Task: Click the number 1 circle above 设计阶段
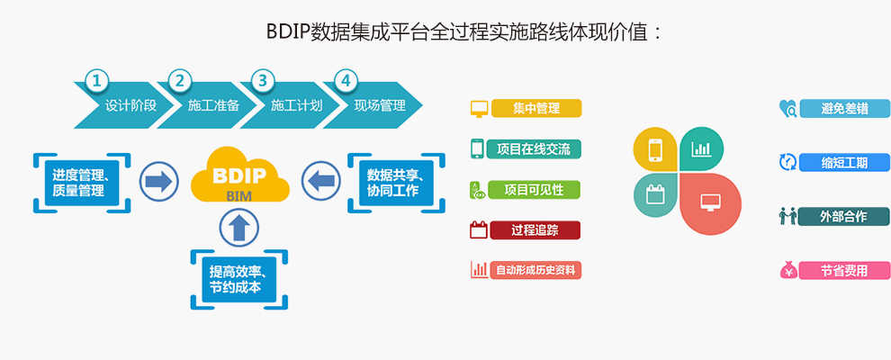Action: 97,81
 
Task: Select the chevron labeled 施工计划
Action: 289,105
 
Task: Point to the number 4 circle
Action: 346,81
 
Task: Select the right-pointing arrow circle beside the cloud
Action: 159,182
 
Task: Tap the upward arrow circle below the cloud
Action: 239,228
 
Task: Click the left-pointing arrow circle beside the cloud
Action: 321,182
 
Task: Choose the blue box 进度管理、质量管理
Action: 83,183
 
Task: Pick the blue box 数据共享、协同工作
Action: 397,183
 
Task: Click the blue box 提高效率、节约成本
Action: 239,279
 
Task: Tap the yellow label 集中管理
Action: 536,109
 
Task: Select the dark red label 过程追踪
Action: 535,230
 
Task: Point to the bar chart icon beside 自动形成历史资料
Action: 479,269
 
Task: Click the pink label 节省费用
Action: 844,271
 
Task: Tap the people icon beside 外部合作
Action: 787,216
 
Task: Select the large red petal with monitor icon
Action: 711,203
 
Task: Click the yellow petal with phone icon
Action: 655,149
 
